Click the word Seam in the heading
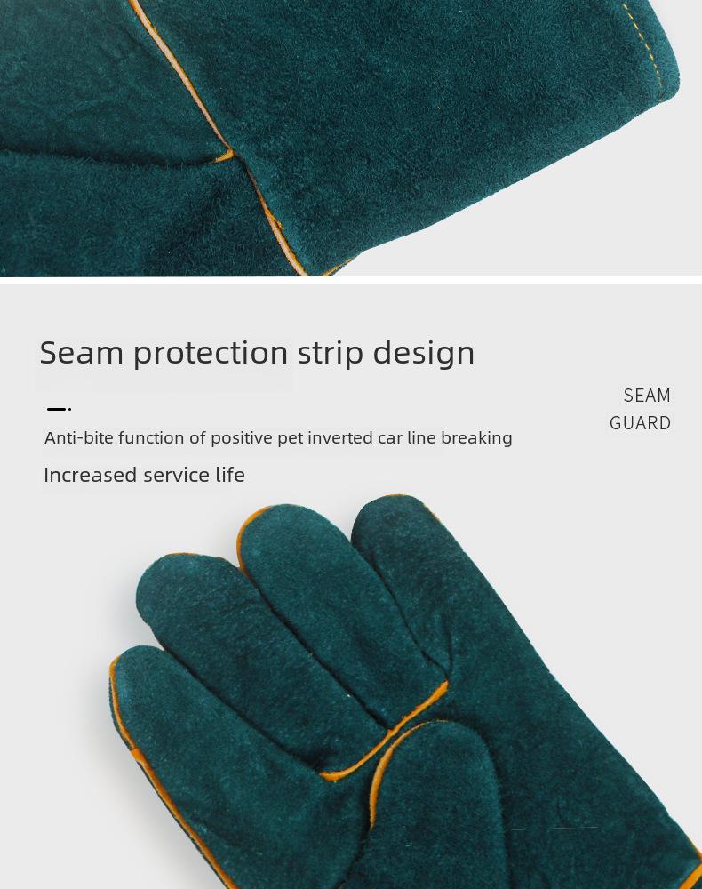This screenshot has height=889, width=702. coord(82,353)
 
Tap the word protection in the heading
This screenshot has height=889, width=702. coord(211,354)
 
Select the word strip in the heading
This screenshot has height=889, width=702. coord(331,354)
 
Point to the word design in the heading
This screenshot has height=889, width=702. coord(424,354)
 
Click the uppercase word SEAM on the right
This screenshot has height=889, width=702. coord(647,396)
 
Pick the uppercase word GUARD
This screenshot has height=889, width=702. coord(641,423)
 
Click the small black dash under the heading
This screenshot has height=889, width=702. coord(57,409)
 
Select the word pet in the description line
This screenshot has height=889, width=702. coord(290,438)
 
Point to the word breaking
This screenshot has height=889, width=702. coord(476,437)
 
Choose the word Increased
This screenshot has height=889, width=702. coord(91,475)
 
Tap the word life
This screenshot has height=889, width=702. coord(230,475)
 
